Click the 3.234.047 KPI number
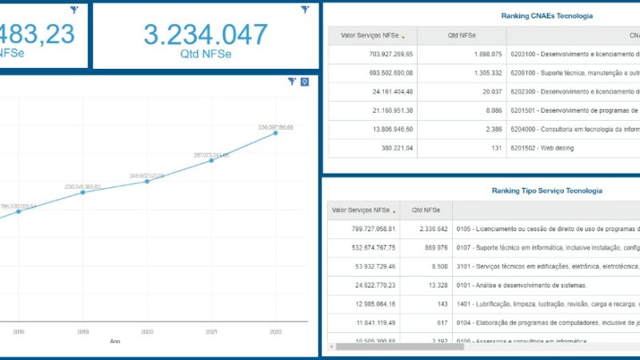point(206,34)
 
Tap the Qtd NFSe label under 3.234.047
point(206,54)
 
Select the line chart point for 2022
point(276,133)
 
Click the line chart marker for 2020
point(147,181)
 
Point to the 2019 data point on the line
point(83,192)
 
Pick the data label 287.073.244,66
point(211,154)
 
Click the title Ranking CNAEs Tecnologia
point(546,16)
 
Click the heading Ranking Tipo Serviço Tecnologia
point(546,190)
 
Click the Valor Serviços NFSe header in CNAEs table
point(370,35)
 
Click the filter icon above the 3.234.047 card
point(305,10)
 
